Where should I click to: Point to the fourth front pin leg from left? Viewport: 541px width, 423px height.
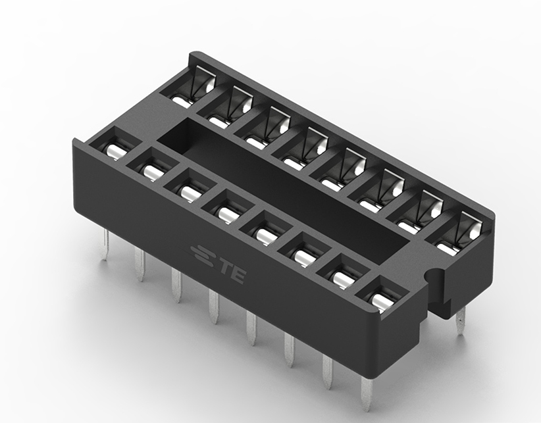pyautogui.click(x=214, y=306)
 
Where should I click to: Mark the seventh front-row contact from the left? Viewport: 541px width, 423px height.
pyautogui.click(x=343, y=276)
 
